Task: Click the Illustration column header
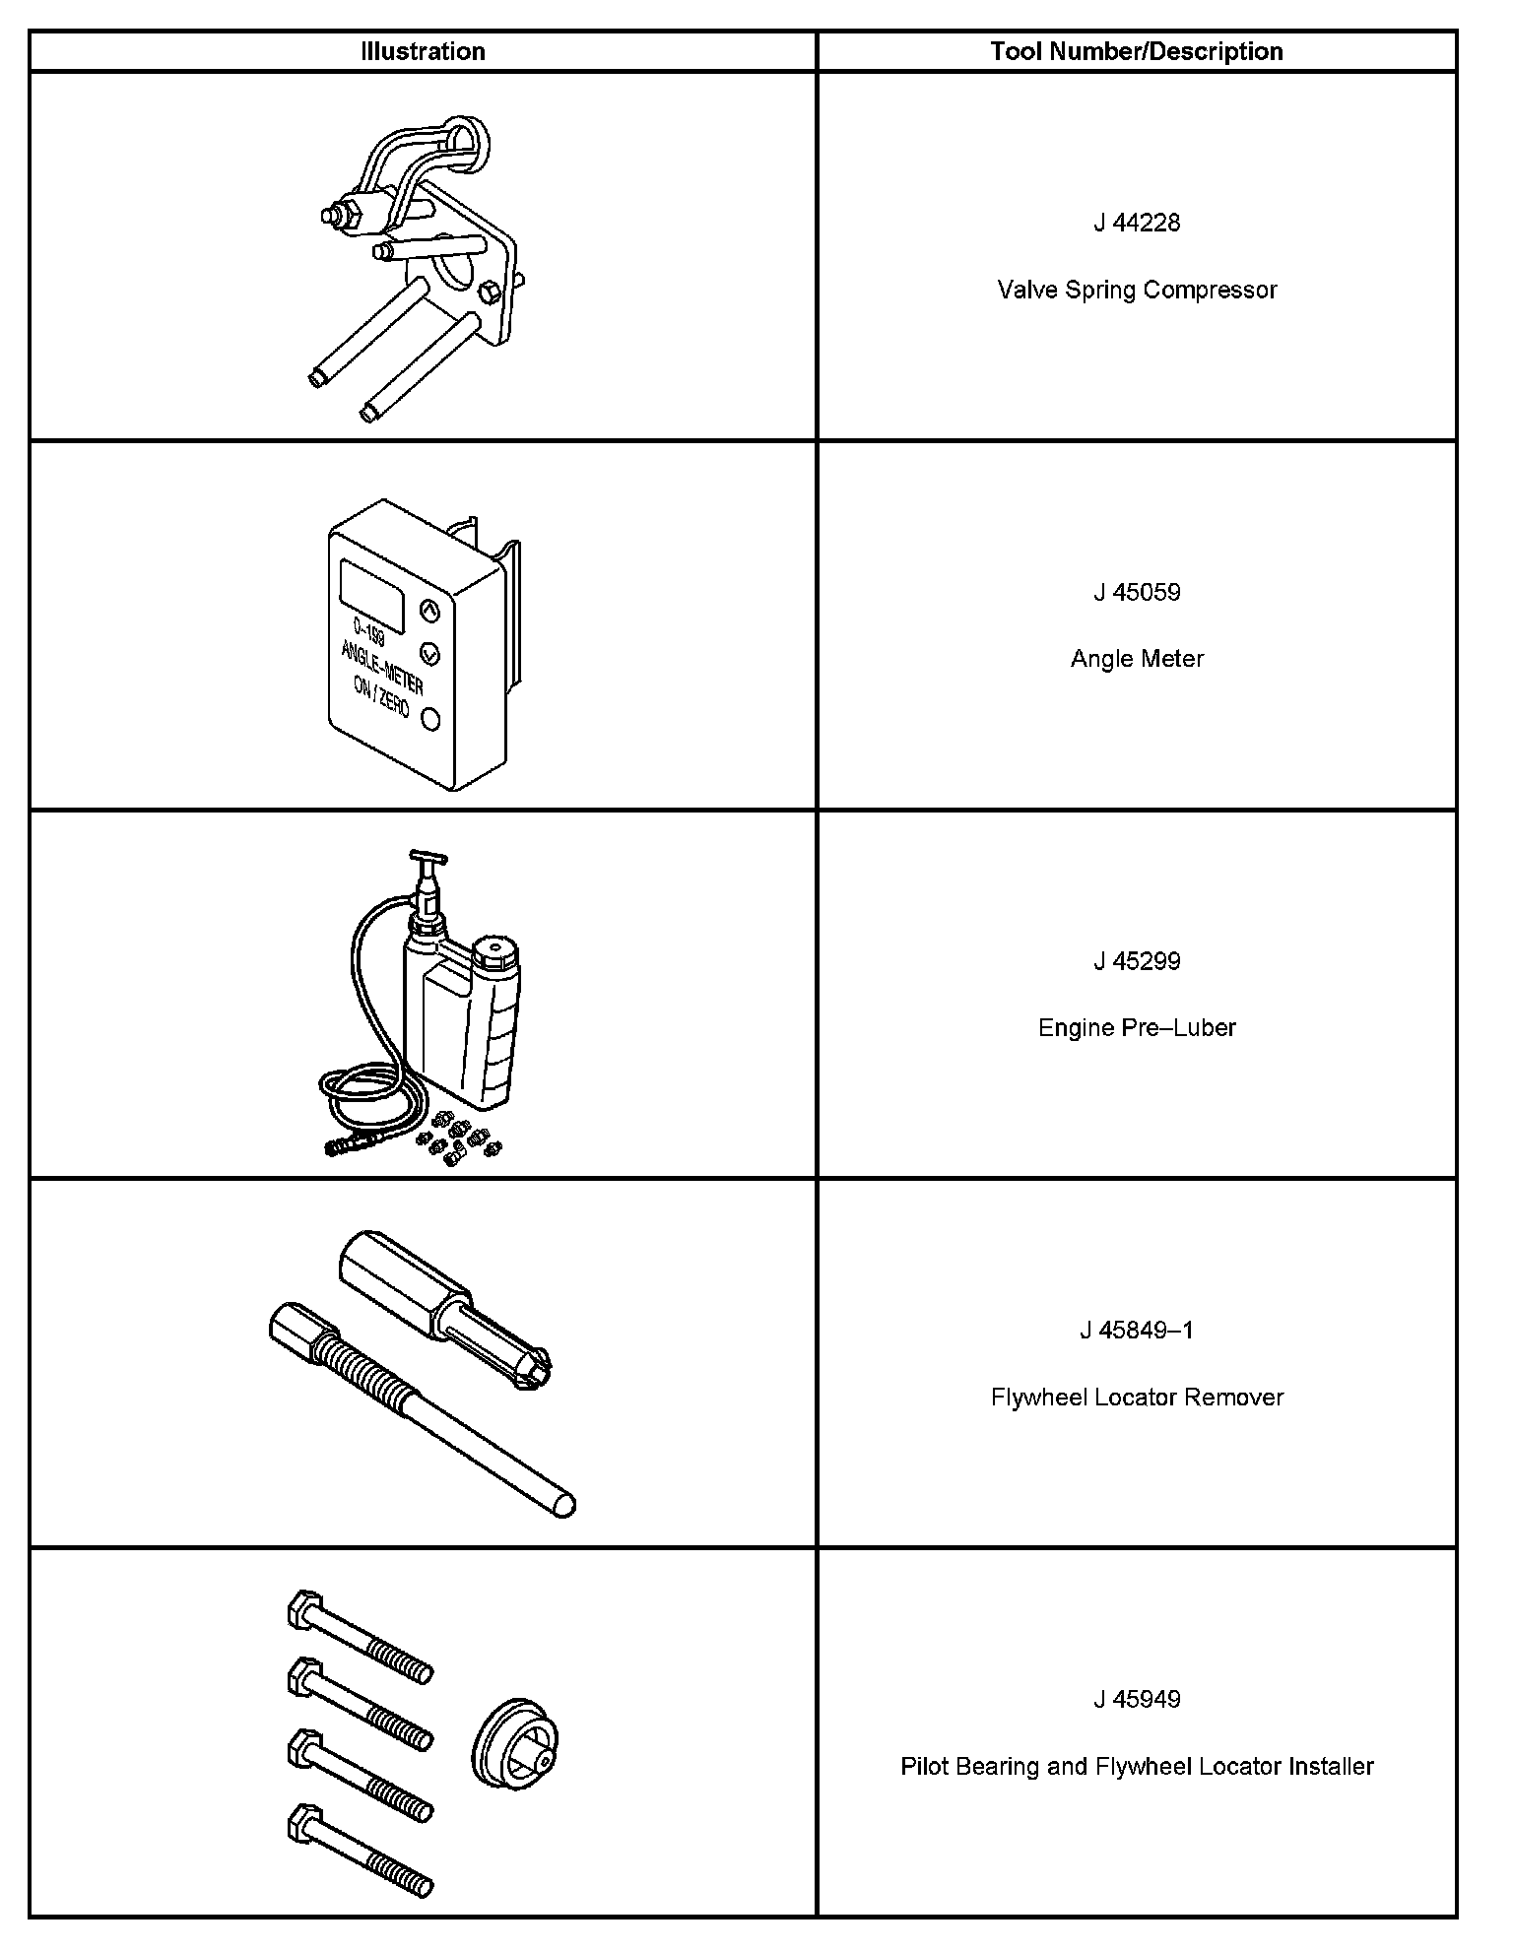423,51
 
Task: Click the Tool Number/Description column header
1137,51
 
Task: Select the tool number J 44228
1137,223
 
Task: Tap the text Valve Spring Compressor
1137,290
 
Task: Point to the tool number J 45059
1137,592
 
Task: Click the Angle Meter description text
1137,659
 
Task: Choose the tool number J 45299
1137,961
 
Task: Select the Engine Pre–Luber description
1137,1028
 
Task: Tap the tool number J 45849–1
1137,1331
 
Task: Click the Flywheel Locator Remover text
1137,1398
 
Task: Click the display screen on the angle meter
371,595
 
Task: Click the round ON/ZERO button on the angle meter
430,719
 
